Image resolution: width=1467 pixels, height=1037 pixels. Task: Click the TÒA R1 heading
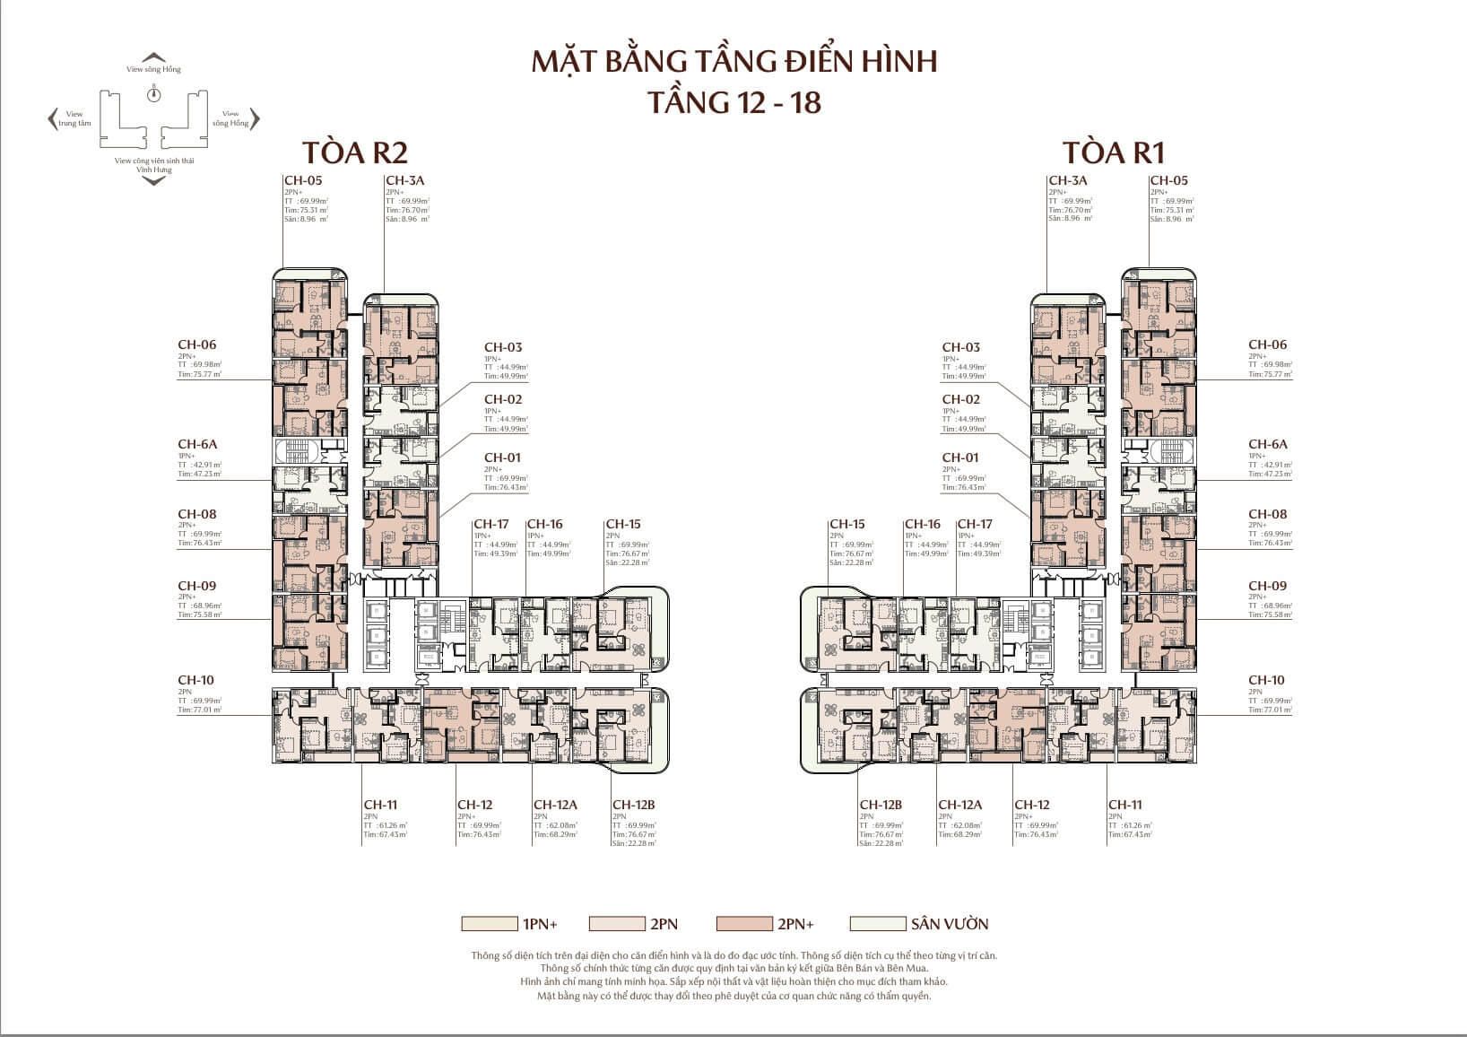1113,152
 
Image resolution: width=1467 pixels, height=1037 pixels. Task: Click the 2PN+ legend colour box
744,924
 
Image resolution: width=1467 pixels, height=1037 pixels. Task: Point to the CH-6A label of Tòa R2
197,444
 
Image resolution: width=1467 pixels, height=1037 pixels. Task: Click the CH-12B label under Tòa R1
880,805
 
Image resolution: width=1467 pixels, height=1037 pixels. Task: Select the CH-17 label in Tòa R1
975,524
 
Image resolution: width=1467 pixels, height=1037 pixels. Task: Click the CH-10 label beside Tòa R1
1267,680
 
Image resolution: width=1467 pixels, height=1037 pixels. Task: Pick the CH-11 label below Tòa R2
380,805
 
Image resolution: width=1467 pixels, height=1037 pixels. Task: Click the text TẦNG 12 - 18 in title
733,102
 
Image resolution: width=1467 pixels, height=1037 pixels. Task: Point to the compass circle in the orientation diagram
154,94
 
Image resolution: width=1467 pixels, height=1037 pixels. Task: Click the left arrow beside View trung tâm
52,118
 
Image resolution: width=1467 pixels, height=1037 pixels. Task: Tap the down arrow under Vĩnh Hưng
154,181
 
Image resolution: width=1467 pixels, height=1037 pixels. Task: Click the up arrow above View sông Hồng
154,57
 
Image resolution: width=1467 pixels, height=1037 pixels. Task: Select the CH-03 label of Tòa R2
503,347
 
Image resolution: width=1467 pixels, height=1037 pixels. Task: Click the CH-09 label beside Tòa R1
1267,586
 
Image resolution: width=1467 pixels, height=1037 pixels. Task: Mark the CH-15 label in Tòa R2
623,524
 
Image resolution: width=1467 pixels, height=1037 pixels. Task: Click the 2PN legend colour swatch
617,924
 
